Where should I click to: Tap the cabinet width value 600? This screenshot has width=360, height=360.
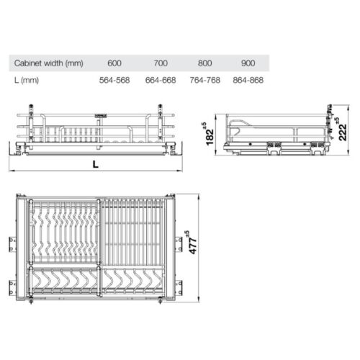click(113, 63)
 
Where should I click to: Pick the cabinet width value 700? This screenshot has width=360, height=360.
click(160, 63)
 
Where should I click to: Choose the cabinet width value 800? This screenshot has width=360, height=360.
click(207, 63)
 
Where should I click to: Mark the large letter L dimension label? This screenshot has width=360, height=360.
click(96, 163)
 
